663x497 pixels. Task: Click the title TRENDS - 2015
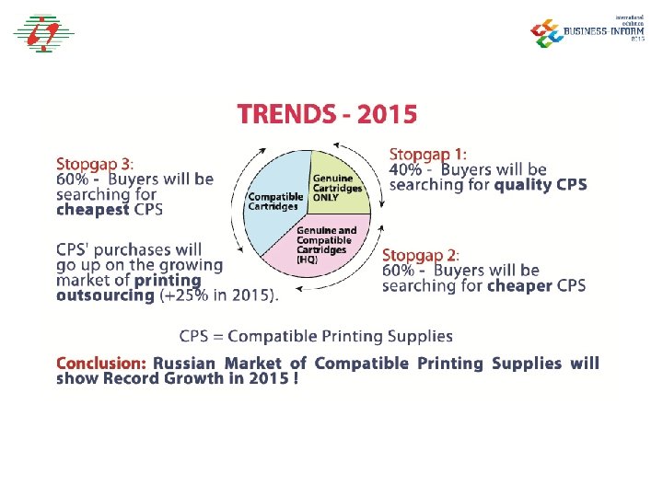click(x=327, y=114)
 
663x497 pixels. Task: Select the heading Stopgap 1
click(x=427, y=154)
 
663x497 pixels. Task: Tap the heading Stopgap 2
click(x=420, y=255)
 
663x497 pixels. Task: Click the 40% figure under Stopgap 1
click(x=405, y=169)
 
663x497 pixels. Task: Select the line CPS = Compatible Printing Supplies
click(x=316, y=336)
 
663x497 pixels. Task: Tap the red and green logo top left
click(x=42, y=33)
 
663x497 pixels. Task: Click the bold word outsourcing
click(x=105, y=295)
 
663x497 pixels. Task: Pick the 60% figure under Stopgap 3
click(x=72, y=179)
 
